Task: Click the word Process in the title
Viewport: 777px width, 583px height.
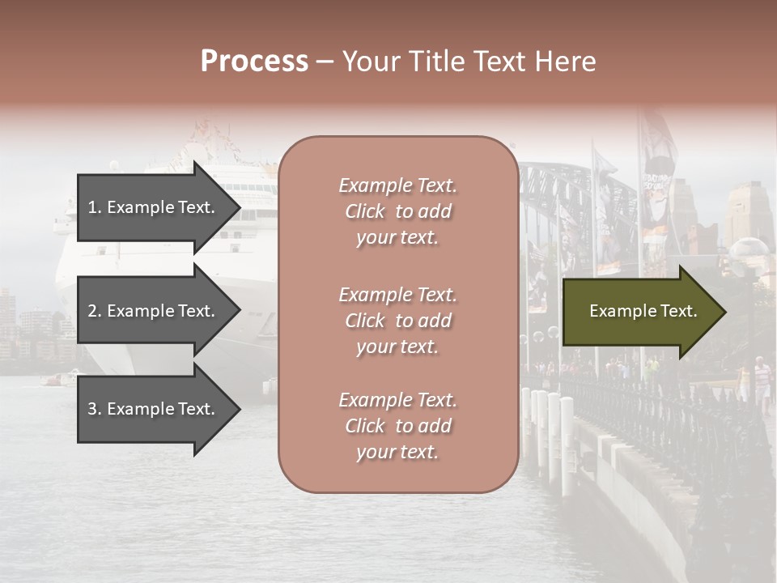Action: tap(254, 62)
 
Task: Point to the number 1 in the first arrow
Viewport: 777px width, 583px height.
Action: tap(91, 207)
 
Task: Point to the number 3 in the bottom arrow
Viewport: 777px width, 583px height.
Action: tap(92, 409)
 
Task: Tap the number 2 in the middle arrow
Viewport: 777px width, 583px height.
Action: tap(92, 311)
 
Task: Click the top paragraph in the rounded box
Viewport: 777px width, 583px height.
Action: tap(397, 211)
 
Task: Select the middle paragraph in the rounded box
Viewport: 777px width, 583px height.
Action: tap(397, 321)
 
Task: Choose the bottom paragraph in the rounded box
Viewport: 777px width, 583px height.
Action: tap(397, 426)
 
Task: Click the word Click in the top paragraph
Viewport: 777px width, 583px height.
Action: tap(365, 211)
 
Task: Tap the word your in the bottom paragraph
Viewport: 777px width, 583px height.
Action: tap(374, 453)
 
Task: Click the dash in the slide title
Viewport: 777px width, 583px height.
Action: tap(325, 62)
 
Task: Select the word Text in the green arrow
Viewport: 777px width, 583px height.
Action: tap(678, 311)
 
